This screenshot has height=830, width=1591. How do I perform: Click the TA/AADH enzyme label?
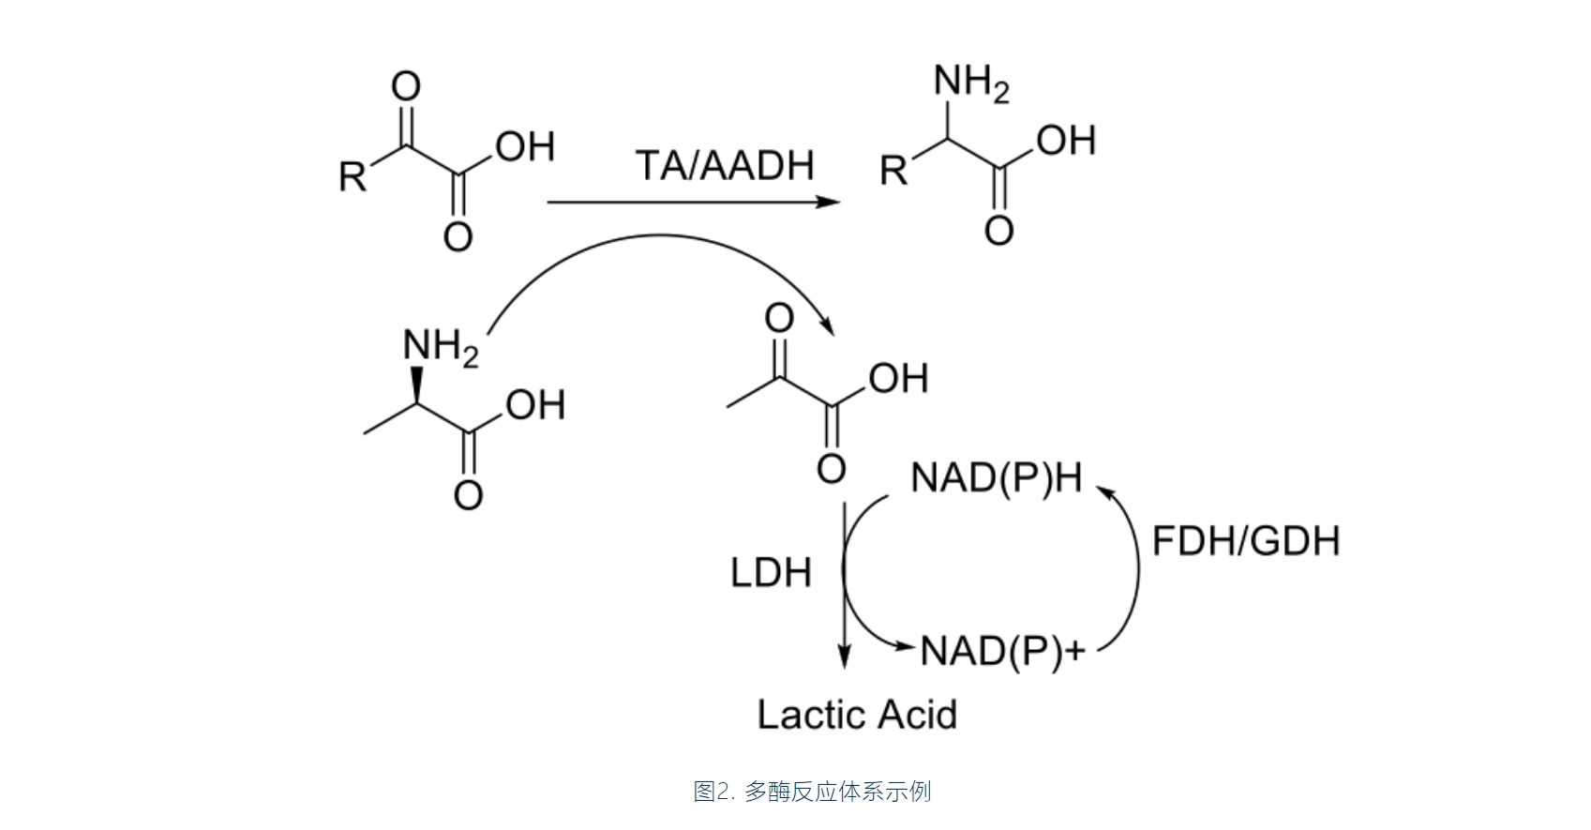coord(725,166)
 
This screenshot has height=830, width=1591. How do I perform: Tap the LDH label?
coord(770,573)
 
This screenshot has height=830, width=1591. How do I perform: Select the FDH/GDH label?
coord(1245,541)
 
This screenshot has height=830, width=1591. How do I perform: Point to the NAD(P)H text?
coord(996,478)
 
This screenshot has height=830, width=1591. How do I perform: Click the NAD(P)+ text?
coord(1002,650)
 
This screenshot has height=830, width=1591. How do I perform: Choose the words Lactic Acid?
coord(857,715)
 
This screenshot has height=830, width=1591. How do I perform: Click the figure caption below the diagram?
coord(812,792)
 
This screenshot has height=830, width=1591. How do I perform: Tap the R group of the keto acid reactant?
coord(353,176)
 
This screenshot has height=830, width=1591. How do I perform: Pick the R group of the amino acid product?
coord(893,172)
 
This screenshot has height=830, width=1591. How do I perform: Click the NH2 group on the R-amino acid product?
coord(971,84)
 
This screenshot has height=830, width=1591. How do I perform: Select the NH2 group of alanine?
coord(440,347)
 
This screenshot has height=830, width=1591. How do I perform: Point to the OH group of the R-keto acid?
coord(525,147)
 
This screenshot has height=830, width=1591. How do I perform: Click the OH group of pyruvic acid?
coord(897,379)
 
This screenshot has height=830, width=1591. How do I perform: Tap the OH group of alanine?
coord(535,405)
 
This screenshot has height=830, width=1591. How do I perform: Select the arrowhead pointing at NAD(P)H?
coord(1104,492)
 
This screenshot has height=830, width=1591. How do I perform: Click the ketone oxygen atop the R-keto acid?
coord(405,86)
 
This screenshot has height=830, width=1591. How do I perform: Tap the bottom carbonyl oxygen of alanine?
coord(468,495)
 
